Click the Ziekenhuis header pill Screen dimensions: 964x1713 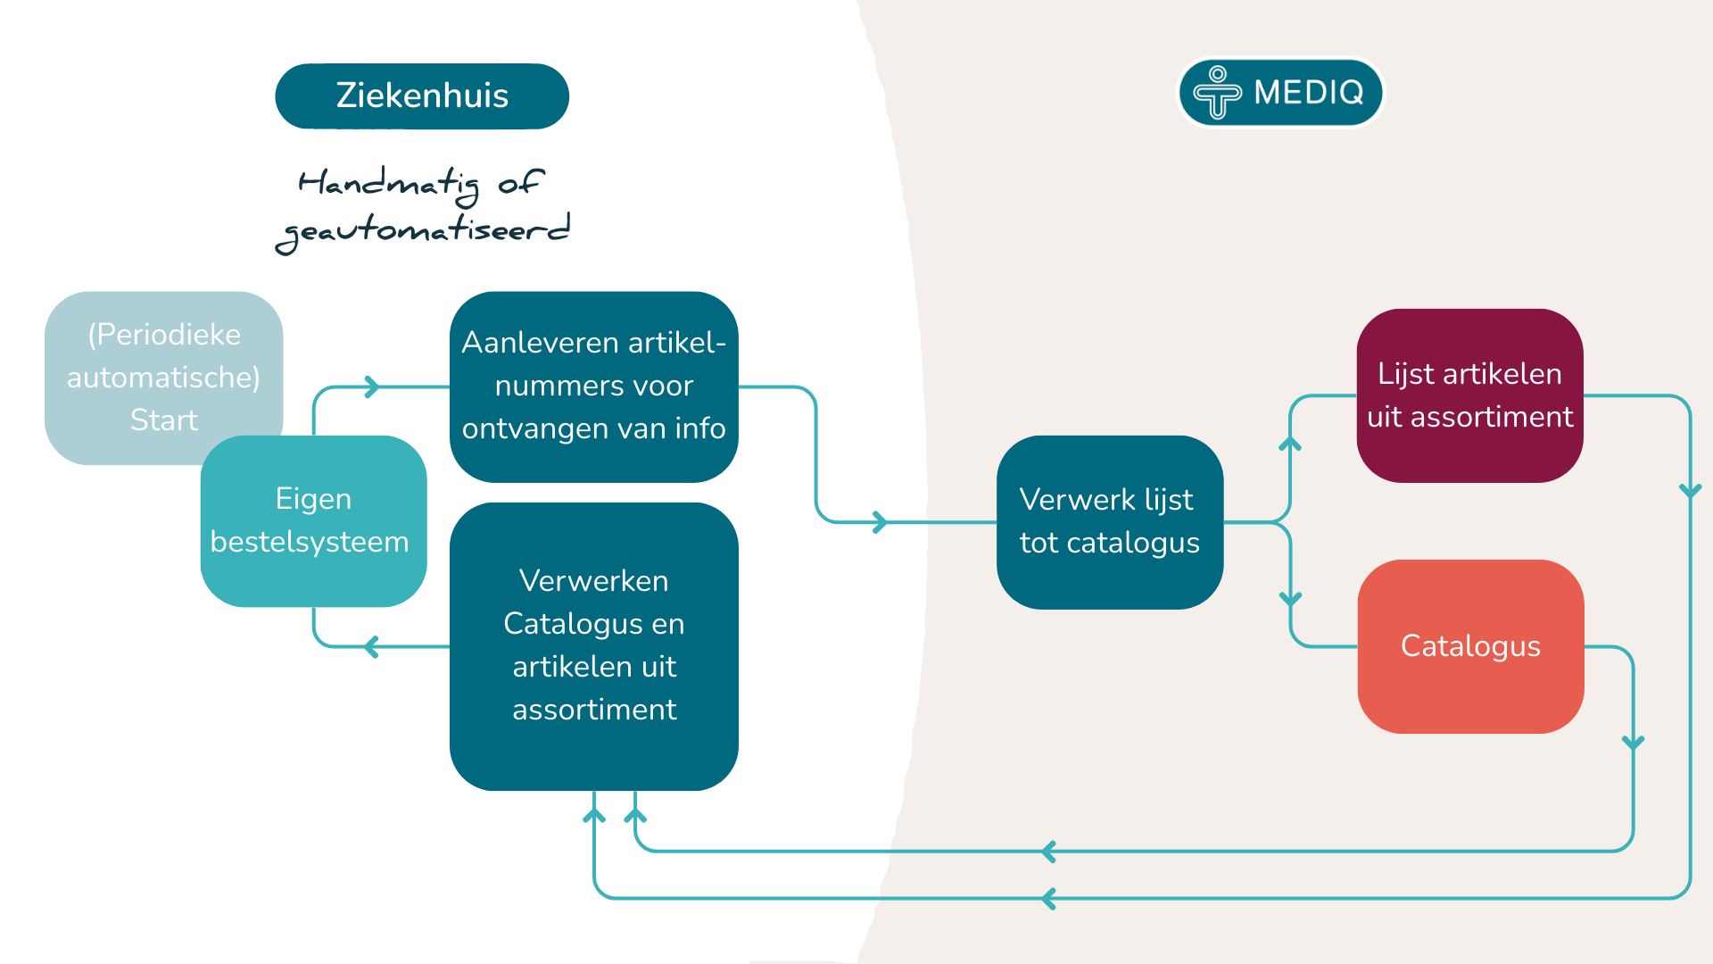pyautogui.click(x=422, y=96)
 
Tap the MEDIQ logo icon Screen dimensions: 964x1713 pyautogui.click(x=1217, y=92)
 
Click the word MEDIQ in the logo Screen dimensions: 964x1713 pyautogui.click(x=1309, y=92)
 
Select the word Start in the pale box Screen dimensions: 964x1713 pyautogui.click(x=163, y=420)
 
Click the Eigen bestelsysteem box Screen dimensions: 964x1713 pyautogui.click(x=313, y=521)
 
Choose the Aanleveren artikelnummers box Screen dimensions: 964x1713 pyautogui.click(x=593, y=386)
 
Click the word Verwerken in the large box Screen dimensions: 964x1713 pyautogui.click(x=593, y=581)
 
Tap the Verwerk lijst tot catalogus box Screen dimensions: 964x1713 pyautogui.click(x=1109, y=522)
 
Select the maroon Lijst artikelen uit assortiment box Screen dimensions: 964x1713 pyautogui.click(x=1469, y=395)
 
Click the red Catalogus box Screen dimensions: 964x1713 pyautogui.click(x=1470, y=646)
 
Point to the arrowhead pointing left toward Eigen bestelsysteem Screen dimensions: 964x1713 pyautogui.click(x=371, y=646)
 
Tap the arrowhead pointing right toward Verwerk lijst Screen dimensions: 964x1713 pyautogui.click(x=881, y=522)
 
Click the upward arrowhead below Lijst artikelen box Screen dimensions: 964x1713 pyautogui.click(x=1290, y=443)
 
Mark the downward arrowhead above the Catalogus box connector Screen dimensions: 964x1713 pyautogui.click(x=1290, y=599)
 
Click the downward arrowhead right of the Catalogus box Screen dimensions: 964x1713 pyautogui.click(x=1633, y=743)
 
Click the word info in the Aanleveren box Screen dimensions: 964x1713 pyautogui.click(x=700, y=428)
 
